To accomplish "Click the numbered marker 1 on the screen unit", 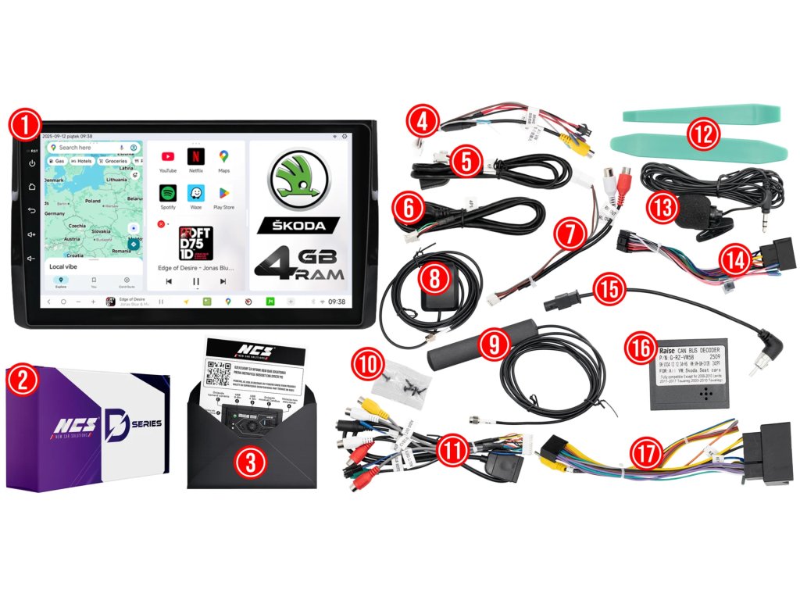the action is tap(26, 123).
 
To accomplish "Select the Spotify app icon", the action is tap(168, 193).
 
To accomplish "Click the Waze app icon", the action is tap(196, 193).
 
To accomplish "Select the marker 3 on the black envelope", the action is tap(250, 462).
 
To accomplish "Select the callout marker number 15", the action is tap(608, 287).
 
